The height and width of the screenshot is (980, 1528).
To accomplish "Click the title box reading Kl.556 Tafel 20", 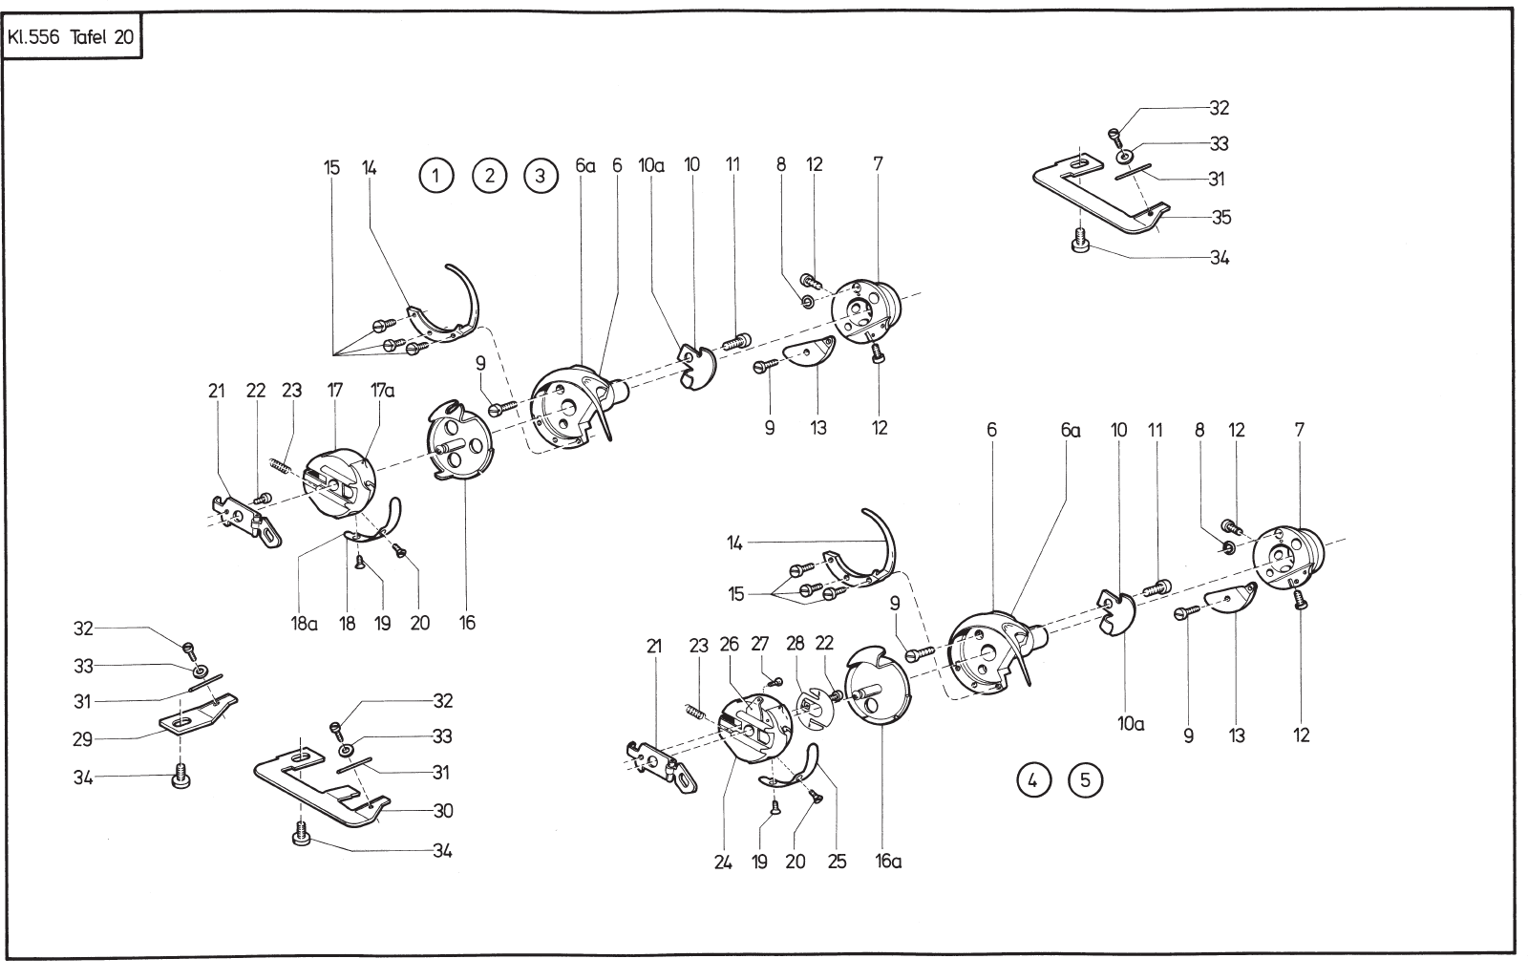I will click(x=73, y=39).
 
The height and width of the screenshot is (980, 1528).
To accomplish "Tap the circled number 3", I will click(x=541, y=176).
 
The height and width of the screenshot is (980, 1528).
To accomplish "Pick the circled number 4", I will click(x=1032, y=780).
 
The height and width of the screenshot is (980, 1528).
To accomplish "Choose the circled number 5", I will click(x=1085, y=780).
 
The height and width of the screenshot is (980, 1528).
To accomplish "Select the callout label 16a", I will click(x=888, y=862).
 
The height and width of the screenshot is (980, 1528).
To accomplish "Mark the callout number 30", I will click(x=442, y=811).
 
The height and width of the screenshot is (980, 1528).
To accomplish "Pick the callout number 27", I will click(x=761, y=646).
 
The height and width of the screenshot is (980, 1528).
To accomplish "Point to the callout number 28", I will click(x=796, y=646).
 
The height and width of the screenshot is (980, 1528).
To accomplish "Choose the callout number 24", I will click(x=722, y=862).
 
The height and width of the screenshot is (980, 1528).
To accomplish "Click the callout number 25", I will click(x=837, y=862).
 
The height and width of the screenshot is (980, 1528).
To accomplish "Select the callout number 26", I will click(x=730, y=646).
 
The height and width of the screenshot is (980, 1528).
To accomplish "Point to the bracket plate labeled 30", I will click(x=325, y=788).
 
